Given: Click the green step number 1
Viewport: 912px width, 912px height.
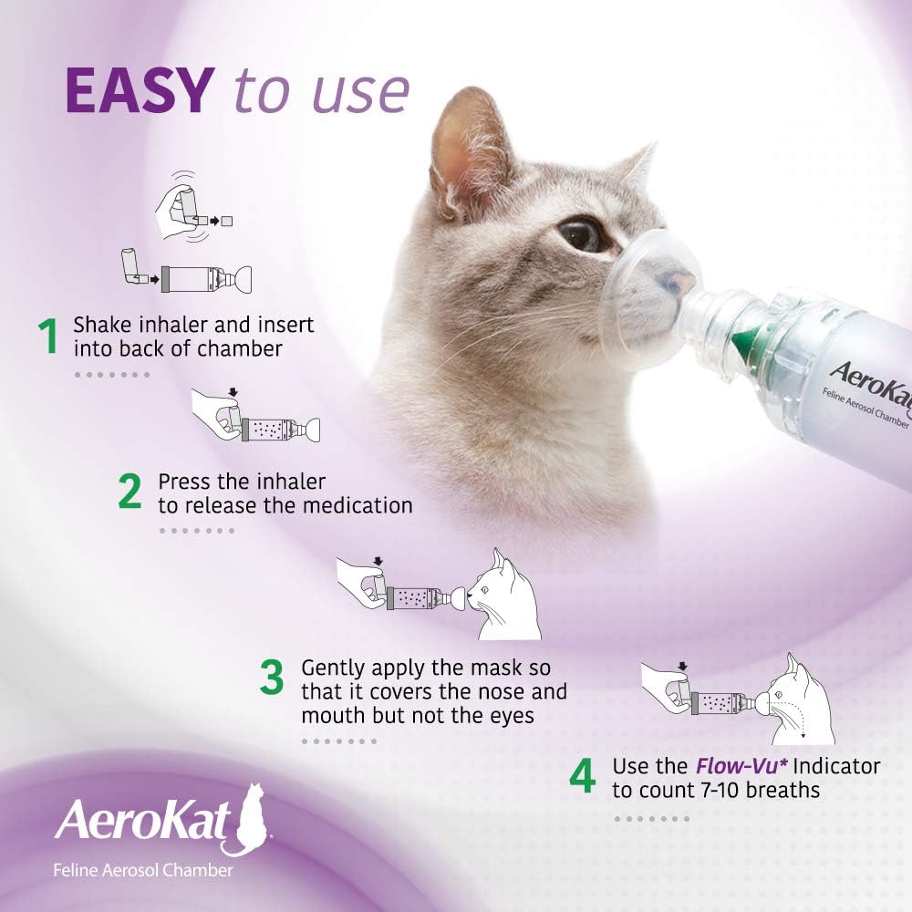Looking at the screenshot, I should (48, 337).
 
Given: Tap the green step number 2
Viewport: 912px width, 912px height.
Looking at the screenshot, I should (130, 492).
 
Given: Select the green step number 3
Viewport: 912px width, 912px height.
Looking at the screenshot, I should (272, 680).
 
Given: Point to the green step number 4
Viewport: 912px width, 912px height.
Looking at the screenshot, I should (583, 776).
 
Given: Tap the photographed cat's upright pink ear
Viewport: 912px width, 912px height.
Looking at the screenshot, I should (458, 146).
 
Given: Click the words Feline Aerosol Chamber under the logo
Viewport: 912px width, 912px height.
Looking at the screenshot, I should (142, 870).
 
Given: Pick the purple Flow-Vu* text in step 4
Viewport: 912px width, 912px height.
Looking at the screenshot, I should (718, 765).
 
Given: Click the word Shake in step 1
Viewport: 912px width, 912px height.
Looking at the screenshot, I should (99, 325).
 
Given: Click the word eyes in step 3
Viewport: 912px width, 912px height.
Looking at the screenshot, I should (511, 715).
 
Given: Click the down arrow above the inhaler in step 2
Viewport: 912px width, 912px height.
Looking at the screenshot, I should (233, 393).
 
